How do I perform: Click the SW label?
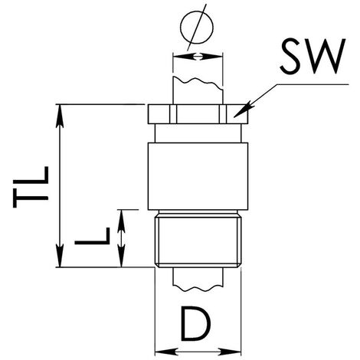tap(313, 57)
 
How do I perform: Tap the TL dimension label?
tap(31, 187)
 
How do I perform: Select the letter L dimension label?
tap(92, 236)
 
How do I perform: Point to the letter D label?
tap(196, 325)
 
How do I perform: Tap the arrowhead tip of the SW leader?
tap(234, 117)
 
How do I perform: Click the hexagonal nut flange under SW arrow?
tap(198, 114)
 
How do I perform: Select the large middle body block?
tap(198, 176)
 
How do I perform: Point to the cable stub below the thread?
tap(198, 279)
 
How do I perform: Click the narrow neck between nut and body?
tap(198, 133)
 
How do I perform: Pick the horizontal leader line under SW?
tap(313, 84)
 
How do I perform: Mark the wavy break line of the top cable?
tap(198, 83)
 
